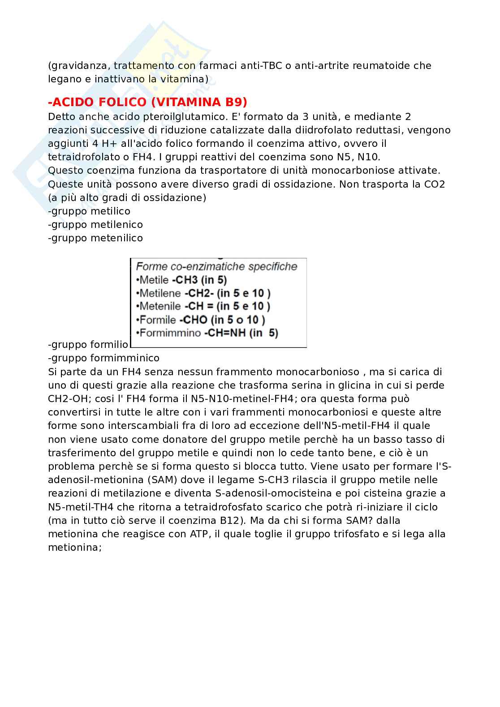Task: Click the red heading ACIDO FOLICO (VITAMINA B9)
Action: [147, 102]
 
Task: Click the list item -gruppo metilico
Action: [89, 211]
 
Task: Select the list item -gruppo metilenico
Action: [95, 224]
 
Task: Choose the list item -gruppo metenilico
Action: [95, 238]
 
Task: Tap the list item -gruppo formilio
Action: [88, 345]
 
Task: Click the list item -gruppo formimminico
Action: [103, 358]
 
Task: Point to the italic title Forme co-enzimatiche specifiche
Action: [217, 267]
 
